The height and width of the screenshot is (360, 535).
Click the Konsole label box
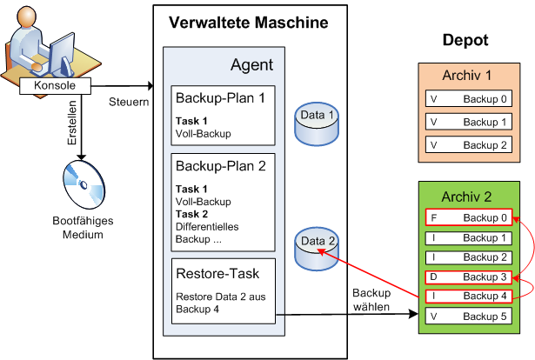(x=56, y=85)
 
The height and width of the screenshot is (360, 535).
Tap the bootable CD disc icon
(x=84, y=184)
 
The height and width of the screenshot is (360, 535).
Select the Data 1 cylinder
(x=317, y=124)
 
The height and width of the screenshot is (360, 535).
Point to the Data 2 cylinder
(x=317, y=249)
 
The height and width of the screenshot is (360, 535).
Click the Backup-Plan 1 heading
(x=220, y=98)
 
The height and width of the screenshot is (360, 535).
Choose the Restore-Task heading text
(x=217, y=273)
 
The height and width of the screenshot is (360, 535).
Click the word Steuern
(x=129, y=102)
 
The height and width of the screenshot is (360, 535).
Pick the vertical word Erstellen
(x=72, y=123)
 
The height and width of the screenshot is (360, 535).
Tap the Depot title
(x=465, y=40)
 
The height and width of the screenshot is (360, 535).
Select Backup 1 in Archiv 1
(x=469, y=122)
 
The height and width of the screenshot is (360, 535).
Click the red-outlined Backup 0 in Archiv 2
(x=469, y=217)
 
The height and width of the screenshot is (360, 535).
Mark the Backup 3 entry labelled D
(x=469, y=277)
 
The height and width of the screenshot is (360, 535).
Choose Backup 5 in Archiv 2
(x=469, y=316)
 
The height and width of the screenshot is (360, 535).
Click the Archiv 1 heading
(x=467, y=76)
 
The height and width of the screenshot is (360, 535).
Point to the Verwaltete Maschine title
(x=249, y=23)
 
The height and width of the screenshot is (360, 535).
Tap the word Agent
(x=251, y=64)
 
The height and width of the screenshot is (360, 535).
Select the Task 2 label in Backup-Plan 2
(x=191, y=214)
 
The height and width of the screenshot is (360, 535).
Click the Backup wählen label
(x=371, y=300)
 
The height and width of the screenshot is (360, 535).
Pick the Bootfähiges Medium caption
(x=83, y=228)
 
